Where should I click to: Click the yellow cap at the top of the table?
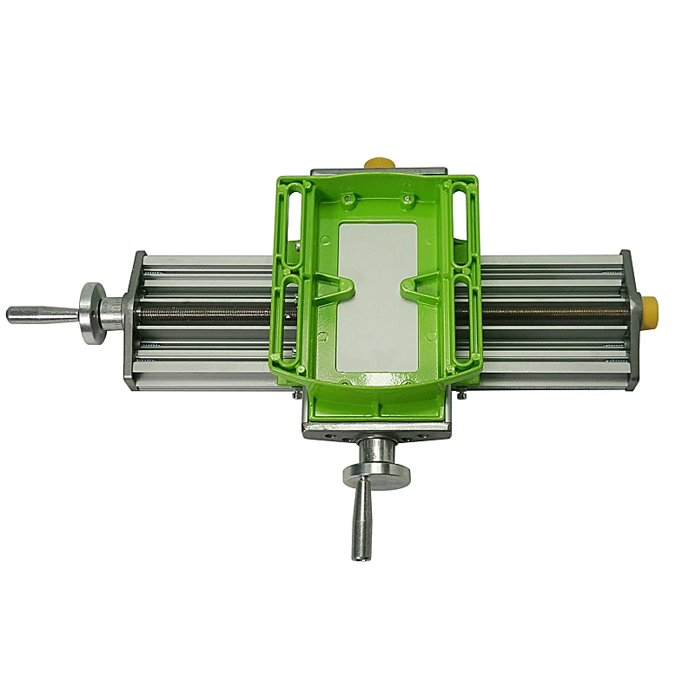click(376, 162)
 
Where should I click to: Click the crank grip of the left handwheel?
click(39, 314)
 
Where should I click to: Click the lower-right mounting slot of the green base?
click(461, 321)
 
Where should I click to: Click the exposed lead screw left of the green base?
click(200, 310)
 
